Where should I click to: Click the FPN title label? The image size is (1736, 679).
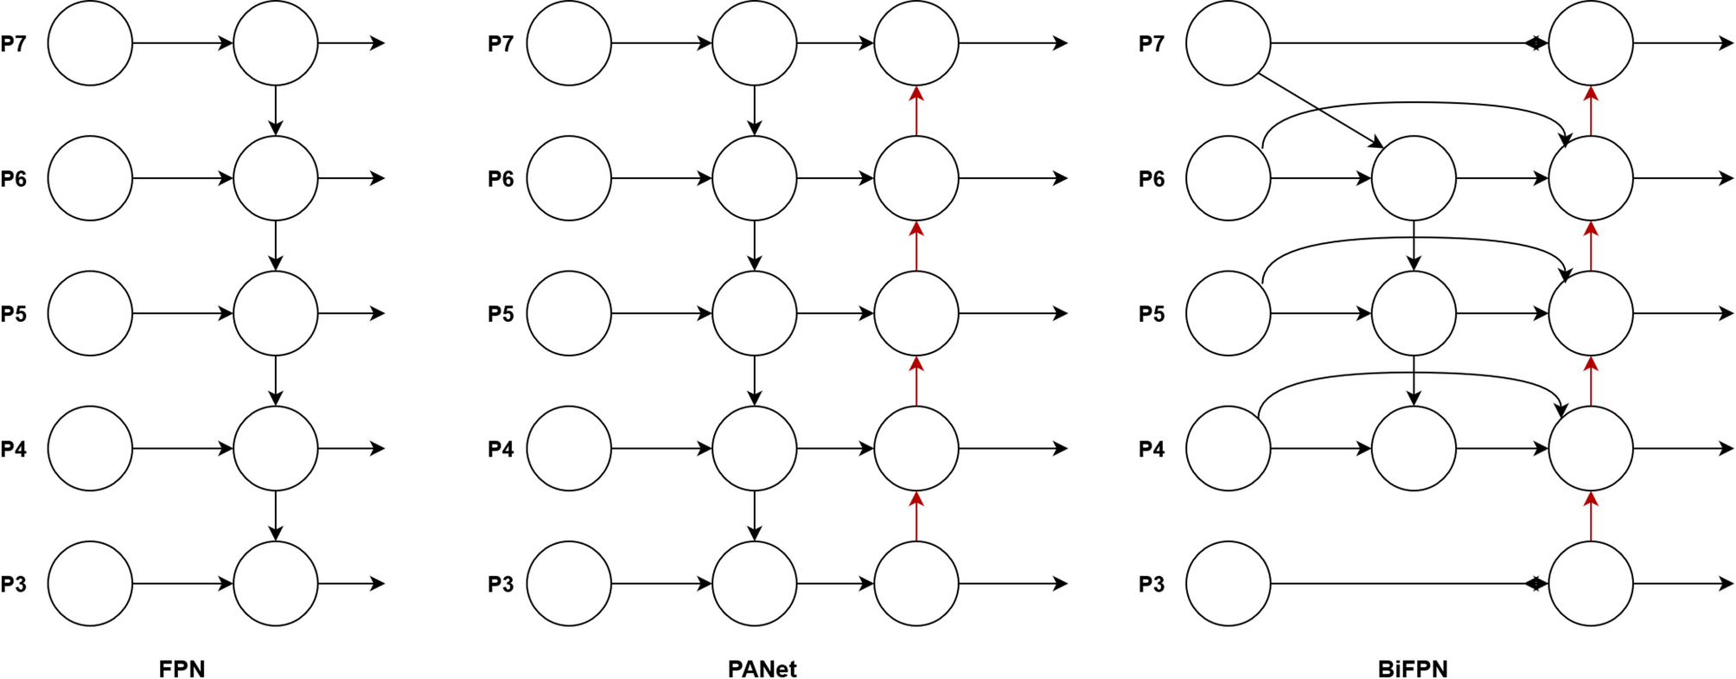pos(182,669)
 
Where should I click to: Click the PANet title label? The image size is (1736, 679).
pos(762,669)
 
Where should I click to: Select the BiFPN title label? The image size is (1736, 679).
pos(1413,669)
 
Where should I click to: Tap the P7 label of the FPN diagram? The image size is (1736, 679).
pos(14,43)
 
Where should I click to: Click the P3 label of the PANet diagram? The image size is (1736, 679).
pos(501,584)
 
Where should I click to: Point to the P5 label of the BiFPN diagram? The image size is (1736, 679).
pos(1152,313)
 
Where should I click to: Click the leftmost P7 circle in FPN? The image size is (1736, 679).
pos(90,43)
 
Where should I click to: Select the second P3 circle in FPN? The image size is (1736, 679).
pos(276,584)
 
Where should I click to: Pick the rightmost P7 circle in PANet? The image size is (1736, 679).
pos(916,43)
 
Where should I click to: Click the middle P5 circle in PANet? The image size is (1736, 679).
pos(755,313)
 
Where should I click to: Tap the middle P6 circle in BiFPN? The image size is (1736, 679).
pos(1414,178)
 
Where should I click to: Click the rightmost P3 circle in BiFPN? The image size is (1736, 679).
pos(1591,584)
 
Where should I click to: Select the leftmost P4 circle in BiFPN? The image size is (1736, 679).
pos(1228,449)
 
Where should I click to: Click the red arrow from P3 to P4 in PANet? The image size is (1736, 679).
pos(916,517)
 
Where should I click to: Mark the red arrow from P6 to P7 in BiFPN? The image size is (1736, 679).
pos(1591,111)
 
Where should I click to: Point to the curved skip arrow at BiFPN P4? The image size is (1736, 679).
pos(1409,373)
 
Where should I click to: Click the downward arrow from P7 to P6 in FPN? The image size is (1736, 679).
pos(276,110)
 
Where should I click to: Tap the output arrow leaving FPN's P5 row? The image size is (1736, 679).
pos(350,313)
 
